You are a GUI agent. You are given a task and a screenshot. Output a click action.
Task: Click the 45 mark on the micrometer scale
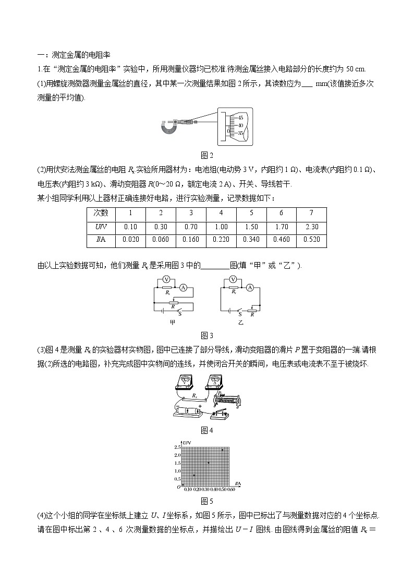point(241,118)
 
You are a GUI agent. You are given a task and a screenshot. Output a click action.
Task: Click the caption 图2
point(207,155)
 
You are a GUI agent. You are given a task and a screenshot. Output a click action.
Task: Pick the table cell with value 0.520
point(311,240)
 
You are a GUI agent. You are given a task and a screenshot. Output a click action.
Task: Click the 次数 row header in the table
point(101,213)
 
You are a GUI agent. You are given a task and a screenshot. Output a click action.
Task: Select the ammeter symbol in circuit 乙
point(250,288)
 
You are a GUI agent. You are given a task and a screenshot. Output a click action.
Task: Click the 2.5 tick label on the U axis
point(177,447)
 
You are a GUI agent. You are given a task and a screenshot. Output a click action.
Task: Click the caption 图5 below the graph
point(207,501)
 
